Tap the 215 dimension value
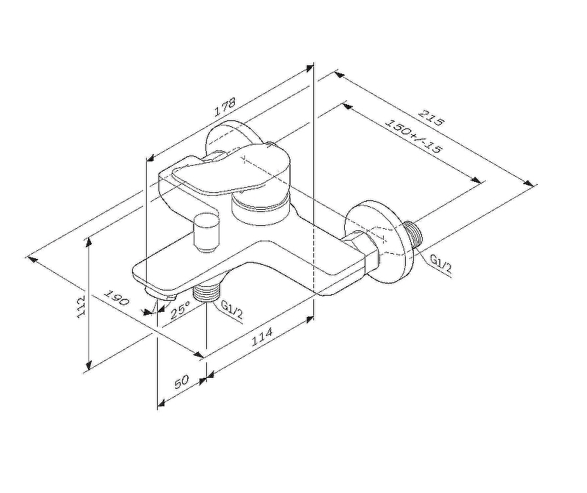pos(431,117)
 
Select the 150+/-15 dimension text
pos(414,136)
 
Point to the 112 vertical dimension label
pos(81,306)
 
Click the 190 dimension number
pos(117,298)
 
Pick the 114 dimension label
pos(262,336)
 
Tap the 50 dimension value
pos(181,381)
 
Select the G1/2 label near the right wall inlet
pos(441,263)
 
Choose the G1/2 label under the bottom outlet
pos(232,310)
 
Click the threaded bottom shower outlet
pos(205,292)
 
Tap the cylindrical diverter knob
pos(206,232)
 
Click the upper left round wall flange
pos(227,139)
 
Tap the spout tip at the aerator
pos(161,294)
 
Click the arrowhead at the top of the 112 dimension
pos(89,243)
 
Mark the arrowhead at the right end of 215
pos(528,183)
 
